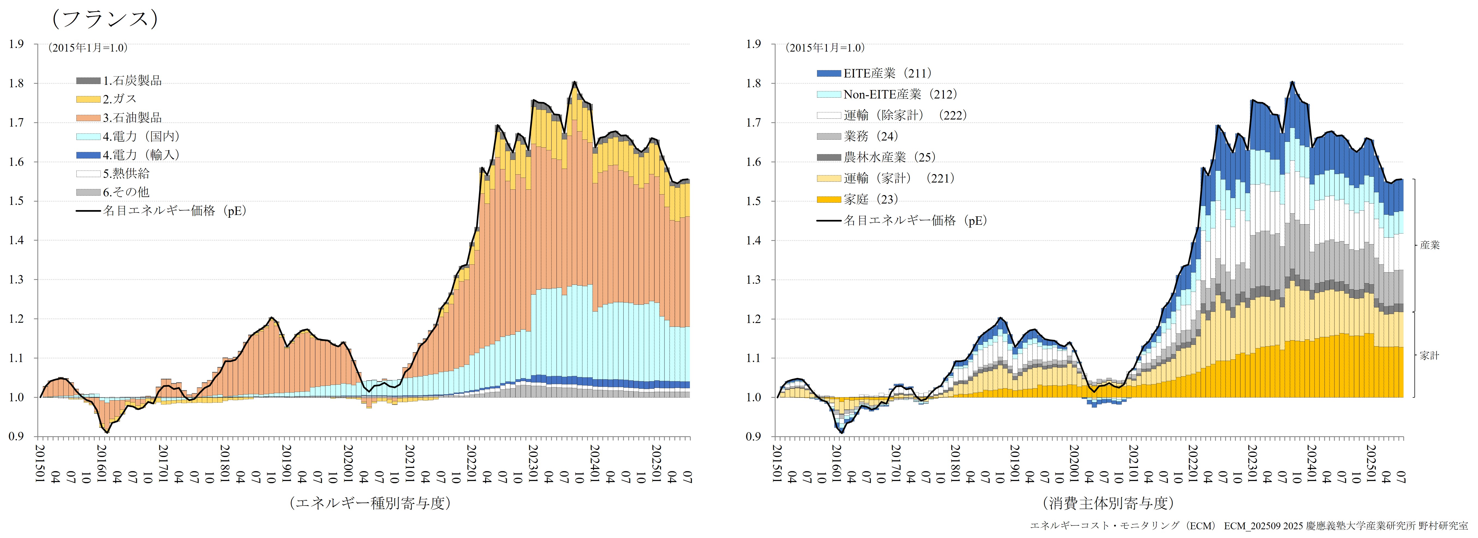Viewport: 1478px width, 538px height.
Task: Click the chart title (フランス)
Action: click(x=104, y=19)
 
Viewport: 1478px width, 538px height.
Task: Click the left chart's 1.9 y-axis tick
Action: click(x=16, y=44)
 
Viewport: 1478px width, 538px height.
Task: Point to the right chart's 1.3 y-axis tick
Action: click(x=753, y=280)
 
